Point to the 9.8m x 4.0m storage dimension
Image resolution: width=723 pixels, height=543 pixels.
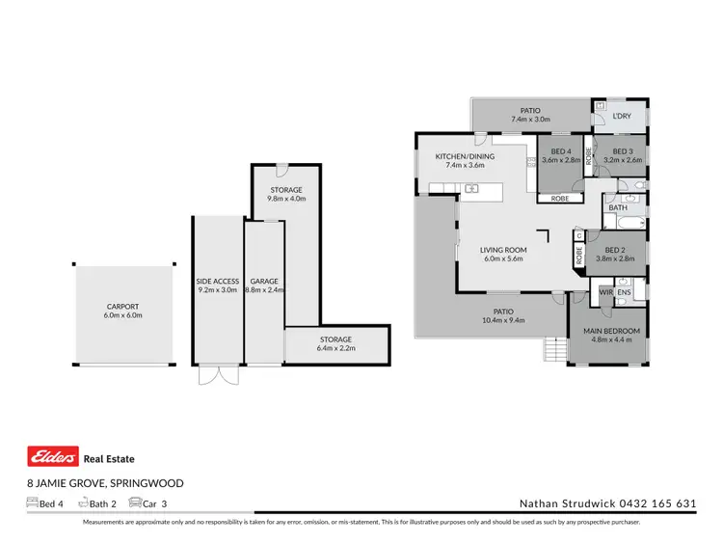[285, 199]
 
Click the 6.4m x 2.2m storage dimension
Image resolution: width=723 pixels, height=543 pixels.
[335, 349]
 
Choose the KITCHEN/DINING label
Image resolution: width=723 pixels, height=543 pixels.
[465, 156]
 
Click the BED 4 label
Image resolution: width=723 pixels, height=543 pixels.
[561, 151]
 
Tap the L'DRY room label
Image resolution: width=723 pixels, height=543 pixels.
[622, 116]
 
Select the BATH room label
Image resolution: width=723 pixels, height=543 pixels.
[618, 207]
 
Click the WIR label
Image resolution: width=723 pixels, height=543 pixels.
[605, 290]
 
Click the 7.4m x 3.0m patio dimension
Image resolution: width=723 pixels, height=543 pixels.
[529, 121]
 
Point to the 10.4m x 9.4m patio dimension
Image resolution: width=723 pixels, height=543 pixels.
[503, 320]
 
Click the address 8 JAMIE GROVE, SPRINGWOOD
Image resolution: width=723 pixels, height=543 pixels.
[104, 483]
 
